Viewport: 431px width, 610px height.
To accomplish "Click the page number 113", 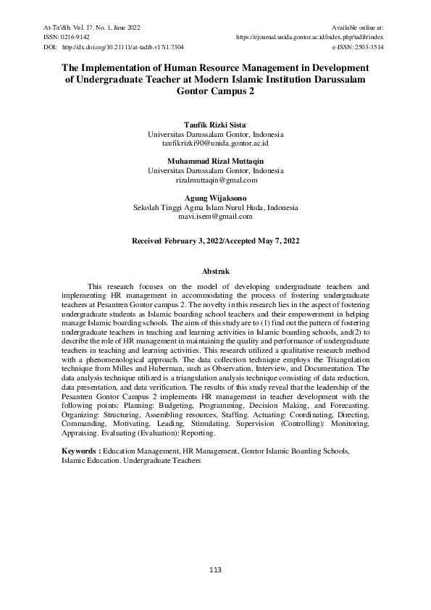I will click(x=215, y=570).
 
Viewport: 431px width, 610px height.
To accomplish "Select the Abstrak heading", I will click(x=215, y=270).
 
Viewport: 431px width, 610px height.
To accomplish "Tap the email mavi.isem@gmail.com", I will click(x=215, y=216).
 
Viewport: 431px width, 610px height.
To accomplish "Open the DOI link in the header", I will click(x=123, y=46).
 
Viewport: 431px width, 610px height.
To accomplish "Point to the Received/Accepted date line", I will click(x=215, y=239).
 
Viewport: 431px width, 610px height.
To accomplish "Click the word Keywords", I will click(x=80, y=451).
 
